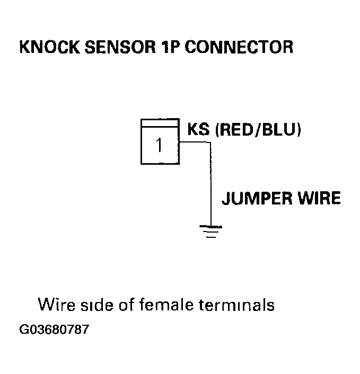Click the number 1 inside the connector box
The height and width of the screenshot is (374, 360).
click(159, 145)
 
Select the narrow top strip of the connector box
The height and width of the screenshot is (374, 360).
click(159, 123)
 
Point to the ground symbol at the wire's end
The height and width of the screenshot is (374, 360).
click(210, 231)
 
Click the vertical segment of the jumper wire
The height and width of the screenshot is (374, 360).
click(210, 185)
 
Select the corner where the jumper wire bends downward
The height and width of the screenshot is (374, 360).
click(210, 143)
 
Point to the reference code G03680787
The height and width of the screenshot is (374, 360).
click(54, 330)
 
